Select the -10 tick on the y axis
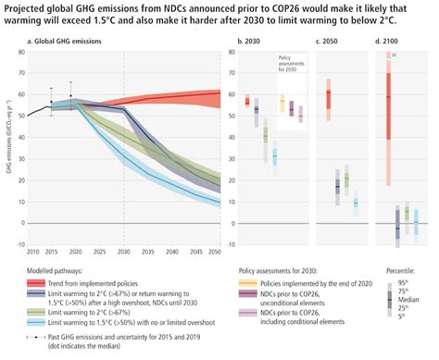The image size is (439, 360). pos(18,243)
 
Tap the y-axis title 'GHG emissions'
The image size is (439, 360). pos(6,148)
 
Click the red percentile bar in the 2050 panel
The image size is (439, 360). pos(329,98)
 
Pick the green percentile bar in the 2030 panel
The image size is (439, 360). pos(266,134)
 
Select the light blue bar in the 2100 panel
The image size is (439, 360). pos(416,223)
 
